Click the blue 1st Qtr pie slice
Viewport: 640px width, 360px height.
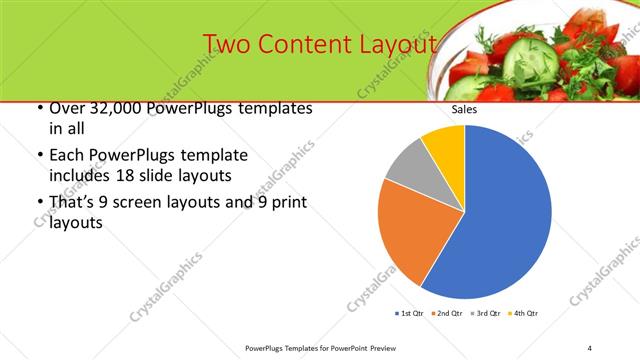505,215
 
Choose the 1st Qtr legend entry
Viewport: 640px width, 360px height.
410,314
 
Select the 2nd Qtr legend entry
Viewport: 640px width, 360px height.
448,314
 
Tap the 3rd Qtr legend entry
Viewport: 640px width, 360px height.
486,314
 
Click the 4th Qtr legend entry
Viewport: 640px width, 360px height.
524,314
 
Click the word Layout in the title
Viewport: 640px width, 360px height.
394,46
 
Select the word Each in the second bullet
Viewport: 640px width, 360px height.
66,156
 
